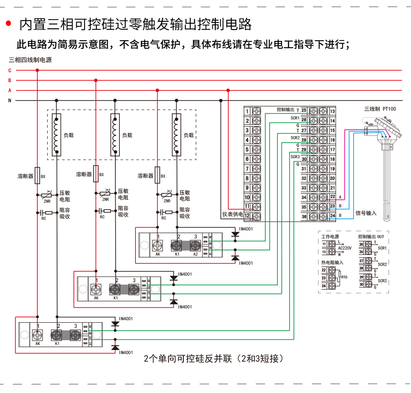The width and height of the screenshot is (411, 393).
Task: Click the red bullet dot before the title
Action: coord(8,23)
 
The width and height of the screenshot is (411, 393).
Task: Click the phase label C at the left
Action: coord(10,70)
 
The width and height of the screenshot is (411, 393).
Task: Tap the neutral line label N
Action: coord(10,100)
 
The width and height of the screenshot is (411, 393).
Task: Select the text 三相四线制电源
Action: coord(30,60)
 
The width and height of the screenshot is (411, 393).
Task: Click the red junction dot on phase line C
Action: coord(37,70)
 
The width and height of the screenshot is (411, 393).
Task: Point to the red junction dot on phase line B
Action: coord(96,80)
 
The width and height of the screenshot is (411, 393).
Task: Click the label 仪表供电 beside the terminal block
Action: coord(233,214)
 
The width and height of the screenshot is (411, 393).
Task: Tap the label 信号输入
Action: coord(366,213)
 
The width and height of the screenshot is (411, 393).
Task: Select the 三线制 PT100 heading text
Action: coord(380,109)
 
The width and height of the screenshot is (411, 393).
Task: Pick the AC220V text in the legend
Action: coord(345,248)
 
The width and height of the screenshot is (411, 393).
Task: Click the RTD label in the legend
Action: coord(344,277)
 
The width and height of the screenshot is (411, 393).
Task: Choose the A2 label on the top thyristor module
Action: coord(195,254)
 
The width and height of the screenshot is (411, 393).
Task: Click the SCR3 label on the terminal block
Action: coord(295,157)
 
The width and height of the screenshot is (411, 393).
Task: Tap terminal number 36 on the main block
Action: coord(304,216)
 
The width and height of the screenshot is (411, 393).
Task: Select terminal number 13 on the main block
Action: coord(332,111)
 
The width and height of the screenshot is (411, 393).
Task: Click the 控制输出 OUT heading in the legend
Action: coord(371,236)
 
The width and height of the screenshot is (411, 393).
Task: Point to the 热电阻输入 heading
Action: coord(332,263)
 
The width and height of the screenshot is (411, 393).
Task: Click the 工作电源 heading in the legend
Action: coord(330,236)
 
